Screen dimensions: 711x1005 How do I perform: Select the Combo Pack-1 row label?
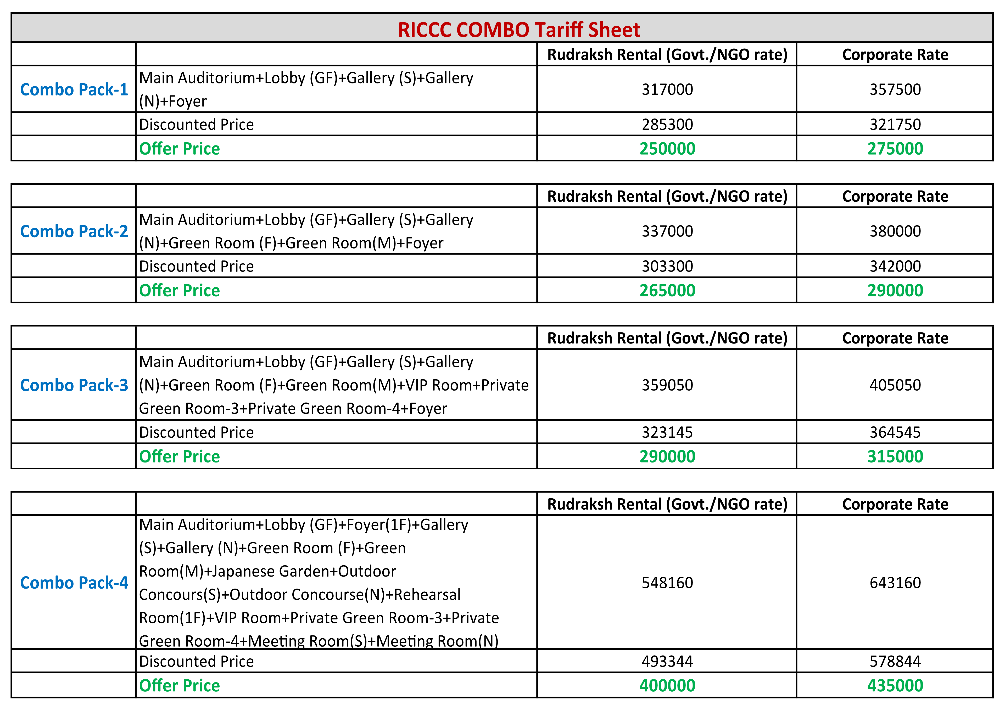(74, 89)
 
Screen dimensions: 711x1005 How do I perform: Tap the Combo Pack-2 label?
(74, 231)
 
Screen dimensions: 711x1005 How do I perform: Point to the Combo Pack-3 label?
(74, 385)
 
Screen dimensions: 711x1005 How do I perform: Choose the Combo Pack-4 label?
(74, 583)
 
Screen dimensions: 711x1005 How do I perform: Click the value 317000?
(667, 89)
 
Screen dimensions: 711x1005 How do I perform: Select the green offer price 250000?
(667, 149)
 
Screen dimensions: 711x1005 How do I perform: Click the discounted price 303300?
(667, 266)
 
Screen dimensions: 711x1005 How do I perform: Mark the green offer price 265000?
(667, 291)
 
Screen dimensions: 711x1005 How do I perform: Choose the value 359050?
(667, 385)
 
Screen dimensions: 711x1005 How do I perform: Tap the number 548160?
(667, 583)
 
